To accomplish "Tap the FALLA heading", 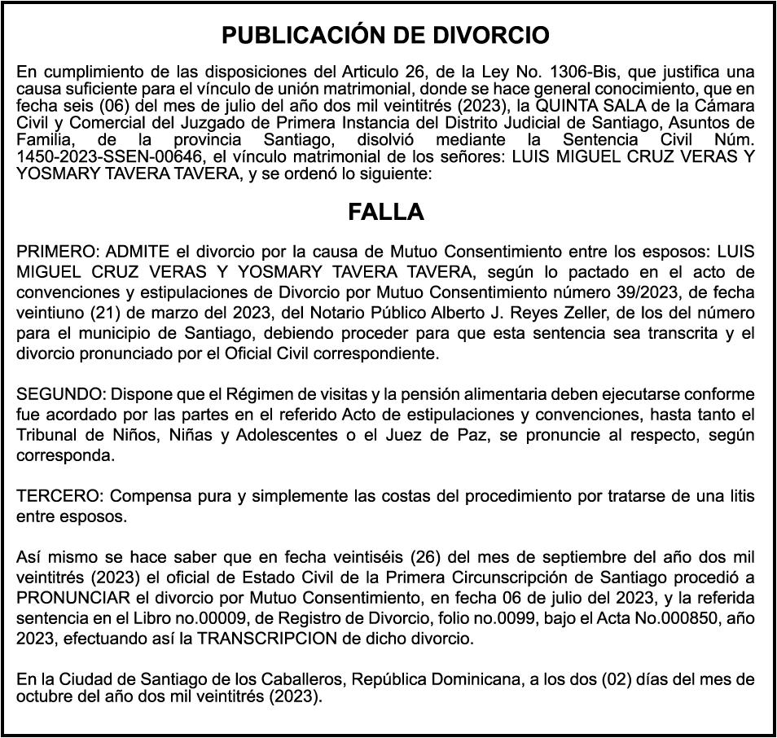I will (x=386, y=212).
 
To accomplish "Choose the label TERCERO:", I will (x=60, y=496).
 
